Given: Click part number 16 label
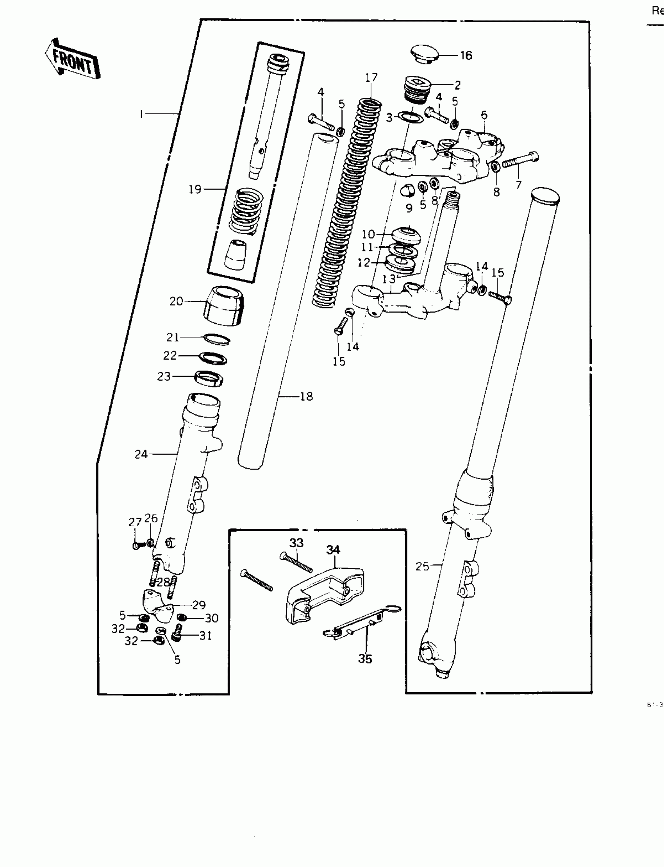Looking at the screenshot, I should point(466,56).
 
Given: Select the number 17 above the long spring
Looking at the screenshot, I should point(371,77).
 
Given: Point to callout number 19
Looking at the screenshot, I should point(195,190).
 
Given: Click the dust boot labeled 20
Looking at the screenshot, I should point(224,306).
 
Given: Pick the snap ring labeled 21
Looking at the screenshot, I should point(217,339).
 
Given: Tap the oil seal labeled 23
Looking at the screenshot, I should point(209,378).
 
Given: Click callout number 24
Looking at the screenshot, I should point(141,455).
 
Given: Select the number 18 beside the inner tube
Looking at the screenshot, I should point(306,396).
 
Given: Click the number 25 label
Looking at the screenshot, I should point(422,566).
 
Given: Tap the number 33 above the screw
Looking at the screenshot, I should point(296,543).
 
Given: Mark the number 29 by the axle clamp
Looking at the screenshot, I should point(199,605).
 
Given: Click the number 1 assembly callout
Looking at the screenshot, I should point(141,114).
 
